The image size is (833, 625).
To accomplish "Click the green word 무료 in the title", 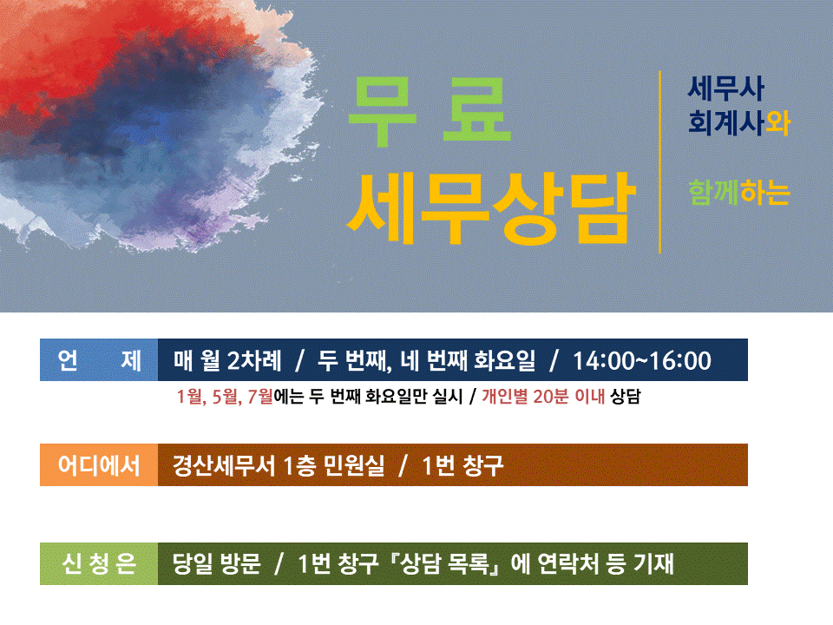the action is click(x=430, y=110).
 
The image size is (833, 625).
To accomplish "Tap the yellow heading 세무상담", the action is click(x=491, y=209).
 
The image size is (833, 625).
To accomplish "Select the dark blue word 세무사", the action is click(x=725, y=89).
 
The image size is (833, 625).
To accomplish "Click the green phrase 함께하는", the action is click(x=739, y=193).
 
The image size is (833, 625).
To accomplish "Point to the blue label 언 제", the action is click(x=99, y=360).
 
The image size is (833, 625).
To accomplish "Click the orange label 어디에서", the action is click(x=99, y=465).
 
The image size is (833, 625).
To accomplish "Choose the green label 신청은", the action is click(x=99, y=564).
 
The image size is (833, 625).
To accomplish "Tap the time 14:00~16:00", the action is click(x=642, y=361).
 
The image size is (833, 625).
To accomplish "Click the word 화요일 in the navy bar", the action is click(x=505, y=360).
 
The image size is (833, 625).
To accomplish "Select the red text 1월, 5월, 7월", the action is click(x=225, y=397).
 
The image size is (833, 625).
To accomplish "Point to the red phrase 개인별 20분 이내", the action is click(x=543, y=397).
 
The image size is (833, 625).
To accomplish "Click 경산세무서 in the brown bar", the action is click(x=224, y=465).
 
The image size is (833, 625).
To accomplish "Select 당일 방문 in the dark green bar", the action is click(x=217, y=564).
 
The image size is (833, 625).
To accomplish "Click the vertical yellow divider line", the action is click(x=659, y=162).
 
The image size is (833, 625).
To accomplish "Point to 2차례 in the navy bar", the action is click(x=254, y=360).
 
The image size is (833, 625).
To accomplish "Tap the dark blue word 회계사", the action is click(x=725, y=122).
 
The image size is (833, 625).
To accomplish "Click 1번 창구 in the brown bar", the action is click(x=462, y=465).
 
